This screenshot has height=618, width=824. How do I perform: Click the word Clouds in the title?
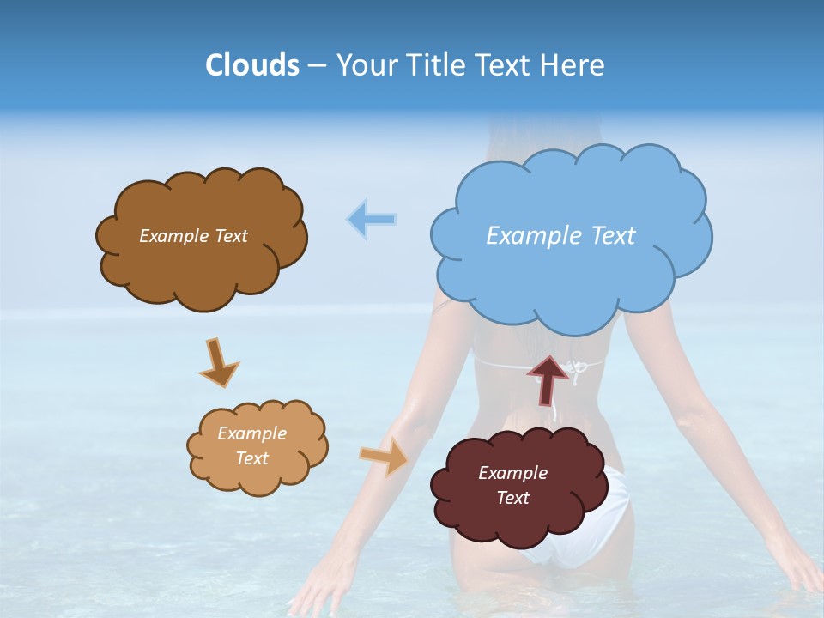[251, 65]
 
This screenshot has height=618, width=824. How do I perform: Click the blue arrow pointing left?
[372, 220]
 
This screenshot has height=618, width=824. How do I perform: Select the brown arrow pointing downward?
[218, 362]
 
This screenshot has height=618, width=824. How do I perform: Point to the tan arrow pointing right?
[385, 456]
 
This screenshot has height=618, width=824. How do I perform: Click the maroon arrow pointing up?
[548, 379]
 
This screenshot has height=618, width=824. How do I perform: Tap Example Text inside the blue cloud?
[560, 236]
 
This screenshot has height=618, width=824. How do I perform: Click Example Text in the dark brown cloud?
[193, 236]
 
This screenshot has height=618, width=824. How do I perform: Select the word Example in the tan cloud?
[251, 433]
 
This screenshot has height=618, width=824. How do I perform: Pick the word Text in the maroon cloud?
[512, 498]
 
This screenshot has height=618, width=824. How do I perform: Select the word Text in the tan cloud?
[251, 458]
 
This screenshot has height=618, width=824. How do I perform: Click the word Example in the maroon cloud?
[512, 473]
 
